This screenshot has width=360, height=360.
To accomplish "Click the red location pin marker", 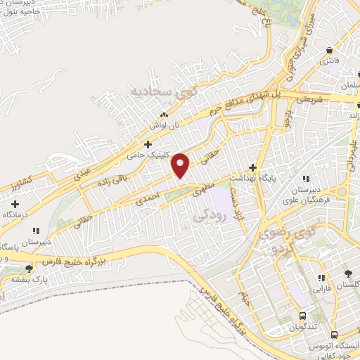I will coord(181,165).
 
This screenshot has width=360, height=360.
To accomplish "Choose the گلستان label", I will coord(345,283).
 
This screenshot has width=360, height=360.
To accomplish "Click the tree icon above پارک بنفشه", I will coord(28,268).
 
